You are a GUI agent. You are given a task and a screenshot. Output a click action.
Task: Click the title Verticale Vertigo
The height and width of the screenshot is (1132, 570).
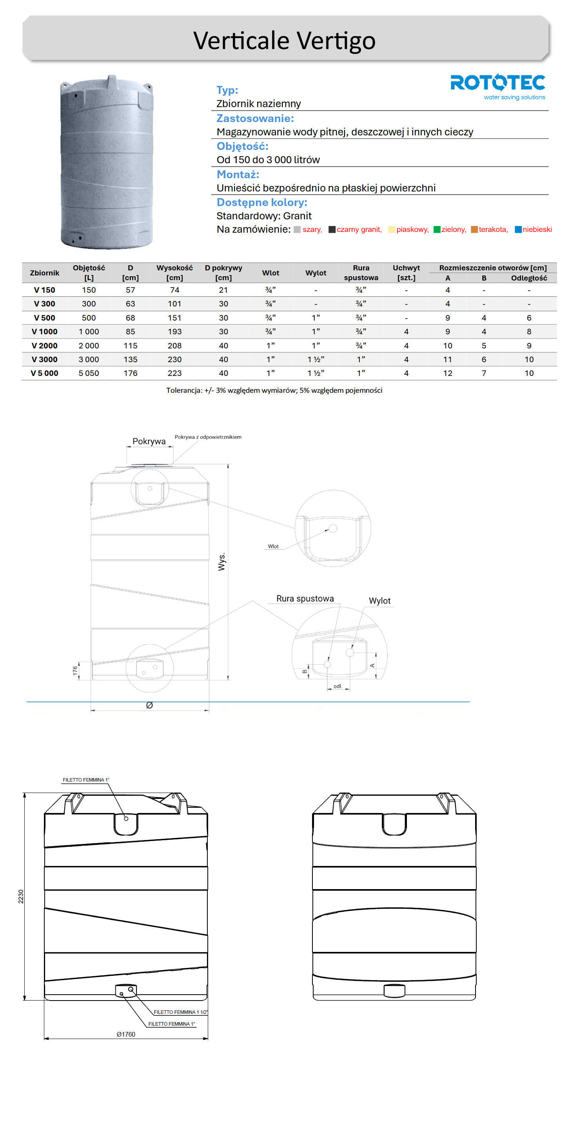coord(284,40)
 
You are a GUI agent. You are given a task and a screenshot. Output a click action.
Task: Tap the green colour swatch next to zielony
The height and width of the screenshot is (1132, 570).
coord(436,230)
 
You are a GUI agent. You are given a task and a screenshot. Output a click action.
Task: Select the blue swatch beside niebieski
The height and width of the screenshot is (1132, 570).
coord(518,230)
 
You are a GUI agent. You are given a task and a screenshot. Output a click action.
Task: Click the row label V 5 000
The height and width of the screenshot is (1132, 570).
coord(44,373)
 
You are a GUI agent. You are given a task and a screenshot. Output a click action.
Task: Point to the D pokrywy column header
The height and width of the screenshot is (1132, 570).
coord(223,272)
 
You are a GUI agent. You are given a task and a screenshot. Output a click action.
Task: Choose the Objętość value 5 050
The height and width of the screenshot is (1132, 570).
coord(89,373)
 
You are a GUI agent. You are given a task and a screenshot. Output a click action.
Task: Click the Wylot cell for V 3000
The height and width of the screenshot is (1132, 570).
coord(315,359)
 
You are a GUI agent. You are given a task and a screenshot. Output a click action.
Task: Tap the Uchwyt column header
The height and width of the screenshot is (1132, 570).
coord(406,272)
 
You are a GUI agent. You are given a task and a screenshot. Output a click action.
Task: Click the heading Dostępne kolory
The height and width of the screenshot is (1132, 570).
coord(262,202)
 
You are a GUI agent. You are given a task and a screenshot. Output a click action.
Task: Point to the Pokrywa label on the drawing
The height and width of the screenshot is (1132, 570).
coord(149,441)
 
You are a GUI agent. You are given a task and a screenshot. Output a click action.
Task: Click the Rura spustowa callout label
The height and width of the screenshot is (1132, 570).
coord(305,598)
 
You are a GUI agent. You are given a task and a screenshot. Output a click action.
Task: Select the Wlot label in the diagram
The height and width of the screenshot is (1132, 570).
coord(273,546)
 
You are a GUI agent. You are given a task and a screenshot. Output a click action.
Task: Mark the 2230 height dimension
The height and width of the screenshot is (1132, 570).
coord(21,897)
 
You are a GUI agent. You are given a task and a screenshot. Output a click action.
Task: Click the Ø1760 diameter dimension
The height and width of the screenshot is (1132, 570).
coord(125,1034)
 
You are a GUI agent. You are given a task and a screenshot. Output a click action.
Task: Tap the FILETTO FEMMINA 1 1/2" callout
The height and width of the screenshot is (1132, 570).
coord(180,1012)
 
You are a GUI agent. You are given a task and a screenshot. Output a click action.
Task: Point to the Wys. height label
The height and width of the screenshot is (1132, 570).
coord(222,562)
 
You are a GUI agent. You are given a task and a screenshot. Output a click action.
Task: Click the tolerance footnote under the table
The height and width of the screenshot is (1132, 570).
coord(274,390)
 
